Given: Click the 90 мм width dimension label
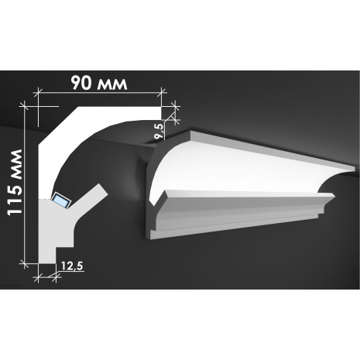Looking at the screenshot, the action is tap(99, 83).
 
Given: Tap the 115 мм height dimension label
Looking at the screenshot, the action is tap(15, 182).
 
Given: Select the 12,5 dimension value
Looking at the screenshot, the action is tap(72, 266).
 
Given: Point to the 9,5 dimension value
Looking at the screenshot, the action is tap(159, 131).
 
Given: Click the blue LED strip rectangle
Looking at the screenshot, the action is tap(61, 200).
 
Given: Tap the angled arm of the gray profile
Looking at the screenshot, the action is tap(88, 198).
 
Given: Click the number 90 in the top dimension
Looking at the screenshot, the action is tap(81, 83).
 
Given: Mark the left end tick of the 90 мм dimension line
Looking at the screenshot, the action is tap(38, 92).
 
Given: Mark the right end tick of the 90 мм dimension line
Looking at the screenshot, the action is tap(162, 92).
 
